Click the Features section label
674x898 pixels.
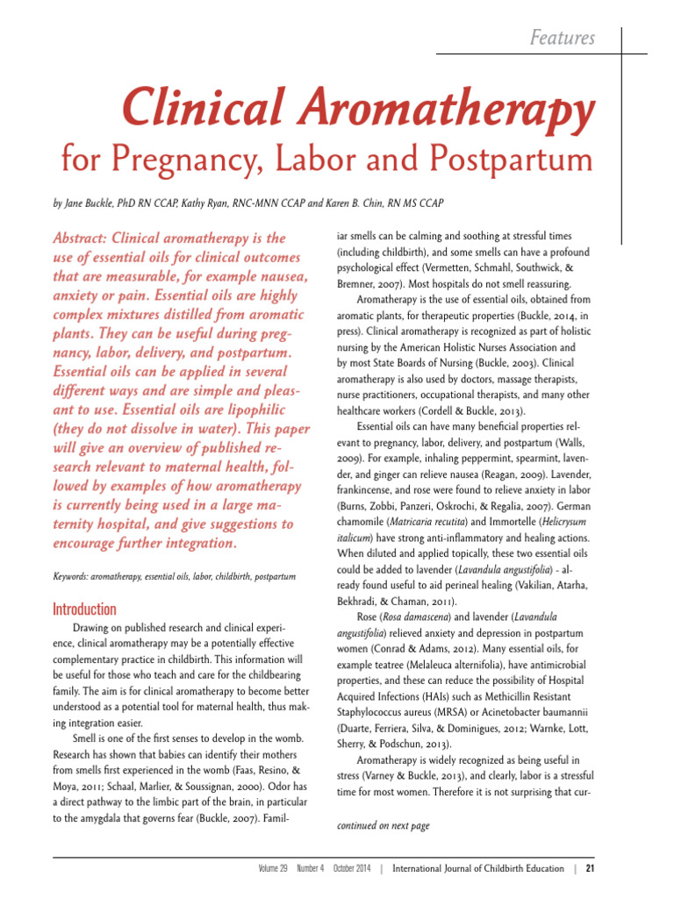pyautogui.click(x=563, y=38)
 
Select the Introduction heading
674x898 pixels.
pyautogui.click(x=84, y=609)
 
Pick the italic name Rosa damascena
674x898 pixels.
pyautogui.click(x=407, y=616)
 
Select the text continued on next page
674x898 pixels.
pyautogui.click(x=384, y=826)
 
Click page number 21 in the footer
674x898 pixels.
pyautogui.click(x=591, y=869)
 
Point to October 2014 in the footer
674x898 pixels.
pyautogui.click(x=352, y=869)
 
